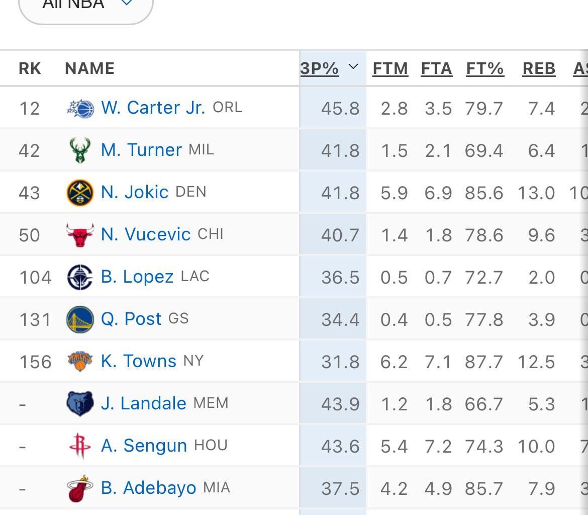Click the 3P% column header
pyautogui.click(x=319, y=68)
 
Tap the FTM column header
pyautogui.click(x=390, y=68)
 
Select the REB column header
pyautogui.click(x=539, y=68)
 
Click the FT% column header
pyautogui.click(x=484, y=68)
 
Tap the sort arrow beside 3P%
pyautogui.click(x=353, y=67)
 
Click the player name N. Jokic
pyautogui.click(x=135, y=192)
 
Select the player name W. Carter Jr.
pyautogui.click(x=153, y=108)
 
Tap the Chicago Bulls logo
pyautogui.click(x=80, y=235)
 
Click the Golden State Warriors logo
pyautogui.click(x=80, y=319)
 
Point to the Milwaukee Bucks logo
pyautogui.click(x=80, y=150)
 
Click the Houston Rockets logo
pyautogui.click(x=80, y=446)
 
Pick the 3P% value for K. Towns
pyautogui.click(x=340, y=362)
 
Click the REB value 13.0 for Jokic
pyautogui.click(x=536, y=193)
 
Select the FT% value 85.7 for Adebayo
pyautogui.click(x=483, y=489)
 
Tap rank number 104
pyautogui.click(x=35, y=278)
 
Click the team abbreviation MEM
pyautogui.click(x=211, y=403)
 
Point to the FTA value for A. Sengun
pyautogui.click(x=438, y=447)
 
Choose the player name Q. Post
pyautogui.click(x=131, y=319)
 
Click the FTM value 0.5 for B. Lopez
pyautogui.click(x=394, y=278)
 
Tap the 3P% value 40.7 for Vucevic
pyautogui.click(x=340, y=235)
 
